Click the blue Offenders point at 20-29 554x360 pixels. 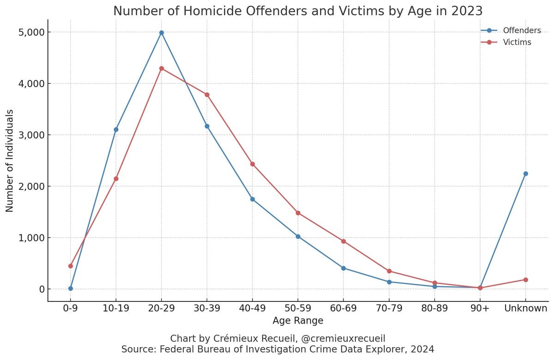[162, 33]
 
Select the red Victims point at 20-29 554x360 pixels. [162, 68]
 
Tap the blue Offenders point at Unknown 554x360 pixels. [525, 174]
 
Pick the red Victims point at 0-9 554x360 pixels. [71, 266]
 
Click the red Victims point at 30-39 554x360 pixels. [207, 95]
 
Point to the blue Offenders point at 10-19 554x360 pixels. [116, 129]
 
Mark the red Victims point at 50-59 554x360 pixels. [298, 213]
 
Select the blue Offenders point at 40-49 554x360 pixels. [253, 199]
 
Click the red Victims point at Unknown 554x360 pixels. [525, 280]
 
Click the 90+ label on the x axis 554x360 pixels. [480, 308]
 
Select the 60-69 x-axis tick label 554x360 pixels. [343, 308]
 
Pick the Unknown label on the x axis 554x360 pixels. [525, 308]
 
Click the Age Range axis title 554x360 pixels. [298, 320]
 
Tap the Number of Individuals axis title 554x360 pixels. [10, 161]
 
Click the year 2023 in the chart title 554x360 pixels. [462, 11]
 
